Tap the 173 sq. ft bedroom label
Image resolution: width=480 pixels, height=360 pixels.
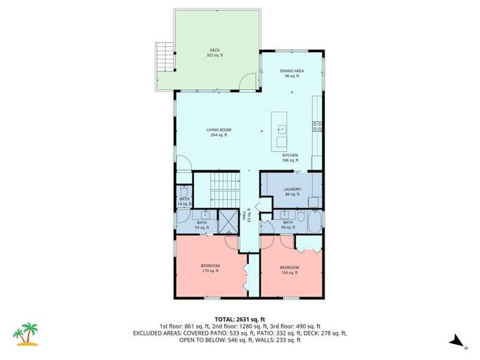click(210, 267)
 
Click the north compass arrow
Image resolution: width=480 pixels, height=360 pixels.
click(457, 340)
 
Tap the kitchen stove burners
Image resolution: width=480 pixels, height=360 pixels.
click(317, 127)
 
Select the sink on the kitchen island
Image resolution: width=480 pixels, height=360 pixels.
click(281, 129)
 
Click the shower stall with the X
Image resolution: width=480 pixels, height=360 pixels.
click(228, 221)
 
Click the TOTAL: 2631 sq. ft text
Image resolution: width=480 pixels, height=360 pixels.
click(240, 319)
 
